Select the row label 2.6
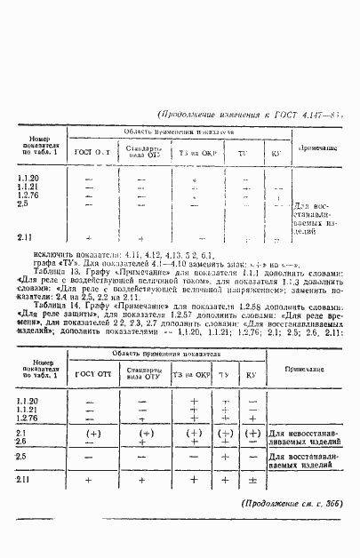[x=22, y=441]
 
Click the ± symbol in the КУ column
[x=252, y=480]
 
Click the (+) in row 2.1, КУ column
[x=252, y=433]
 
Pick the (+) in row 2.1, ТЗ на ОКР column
[x=193, y=433]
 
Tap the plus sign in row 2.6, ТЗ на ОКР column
[x=193, y=442]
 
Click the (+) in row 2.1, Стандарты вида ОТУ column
[x=142, y=433]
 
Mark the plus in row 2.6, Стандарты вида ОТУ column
[x=142, y=442]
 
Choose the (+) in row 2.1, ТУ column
[x=226, y=433]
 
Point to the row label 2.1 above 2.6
[x=22, y=432]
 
